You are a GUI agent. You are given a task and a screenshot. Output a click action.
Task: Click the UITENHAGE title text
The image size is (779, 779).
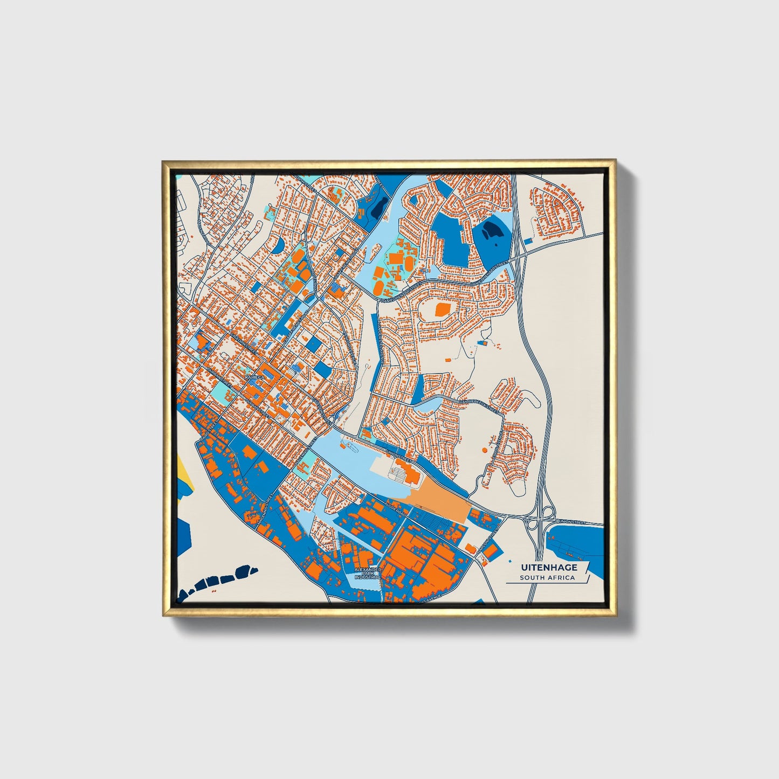point(548,567)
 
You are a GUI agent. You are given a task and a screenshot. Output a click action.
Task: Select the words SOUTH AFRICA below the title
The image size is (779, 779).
point(547,577)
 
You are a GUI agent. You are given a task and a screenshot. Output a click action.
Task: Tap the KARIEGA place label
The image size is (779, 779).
point(255,378)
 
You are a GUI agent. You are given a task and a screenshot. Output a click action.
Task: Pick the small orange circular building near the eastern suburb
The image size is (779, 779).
point(484,449)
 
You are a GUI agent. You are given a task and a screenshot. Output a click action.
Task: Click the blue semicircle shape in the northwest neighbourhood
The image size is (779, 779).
point(279,246)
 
